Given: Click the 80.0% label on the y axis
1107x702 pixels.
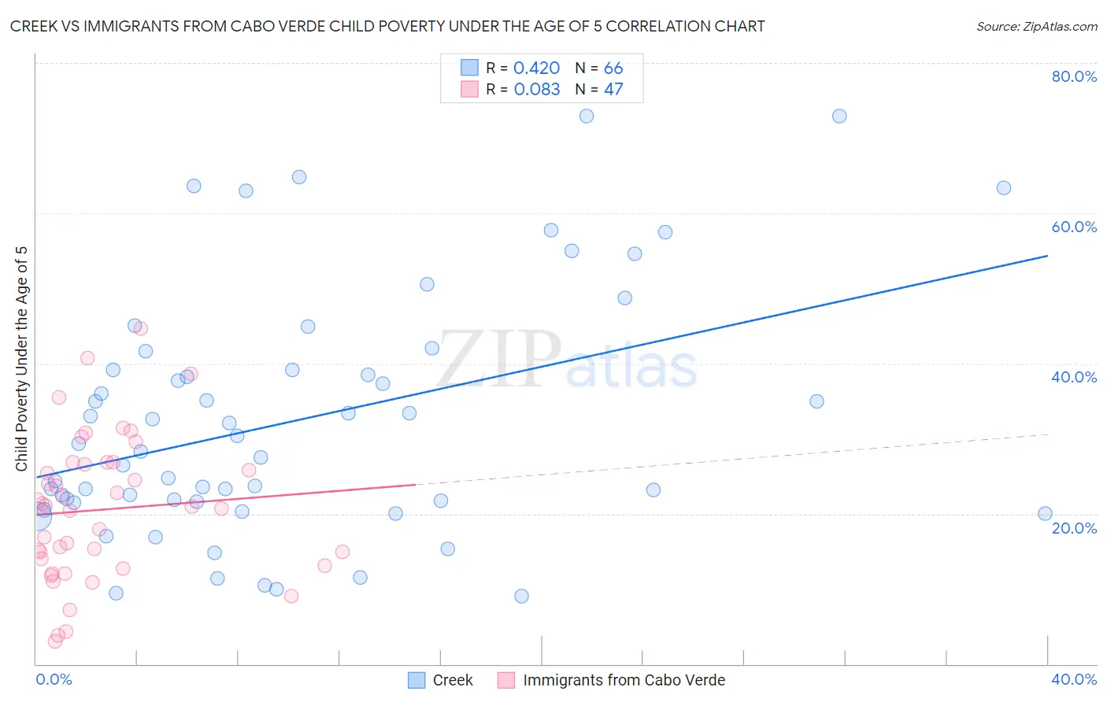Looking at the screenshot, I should [x=1074, y=76].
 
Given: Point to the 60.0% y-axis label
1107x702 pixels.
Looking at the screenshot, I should [x=1074, y=227].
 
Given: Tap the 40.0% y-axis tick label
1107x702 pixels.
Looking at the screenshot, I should [x=1074, y=377].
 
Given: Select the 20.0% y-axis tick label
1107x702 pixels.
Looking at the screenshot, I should [x=1074, y=527].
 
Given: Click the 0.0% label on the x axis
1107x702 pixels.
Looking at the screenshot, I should [x=54, y=679].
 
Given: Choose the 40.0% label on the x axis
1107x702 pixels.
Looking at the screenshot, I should [x=1074, y=679].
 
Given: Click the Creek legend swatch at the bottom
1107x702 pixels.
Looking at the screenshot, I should [x=417, y=680].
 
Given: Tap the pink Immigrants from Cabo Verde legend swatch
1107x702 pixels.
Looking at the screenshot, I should [x=506, y=680].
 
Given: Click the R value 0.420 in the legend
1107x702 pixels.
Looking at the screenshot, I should [x=536, y=68].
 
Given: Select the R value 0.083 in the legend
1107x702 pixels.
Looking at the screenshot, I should [x=536, y=90].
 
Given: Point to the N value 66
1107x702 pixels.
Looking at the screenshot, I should [x=613, y=68].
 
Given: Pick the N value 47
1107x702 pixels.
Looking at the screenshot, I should [x=613, y=90].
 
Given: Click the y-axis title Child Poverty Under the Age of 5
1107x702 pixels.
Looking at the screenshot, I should [x=21, y=359].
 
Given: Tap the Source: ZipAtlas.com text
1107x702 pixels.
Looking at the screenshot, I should [x=1036, y=27].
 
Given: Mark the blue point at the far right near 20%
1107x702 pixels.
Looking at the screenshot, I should [x=1045, y=514].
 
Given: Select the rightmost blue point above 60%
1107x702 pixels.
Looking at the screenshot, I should [x=1003, y=188].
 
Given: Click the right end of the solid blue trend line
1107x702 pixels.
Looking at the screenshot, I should [x=1047, y=256].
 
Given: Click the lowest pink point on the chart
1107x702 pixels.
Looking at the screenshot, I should [x=54, y=641].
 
